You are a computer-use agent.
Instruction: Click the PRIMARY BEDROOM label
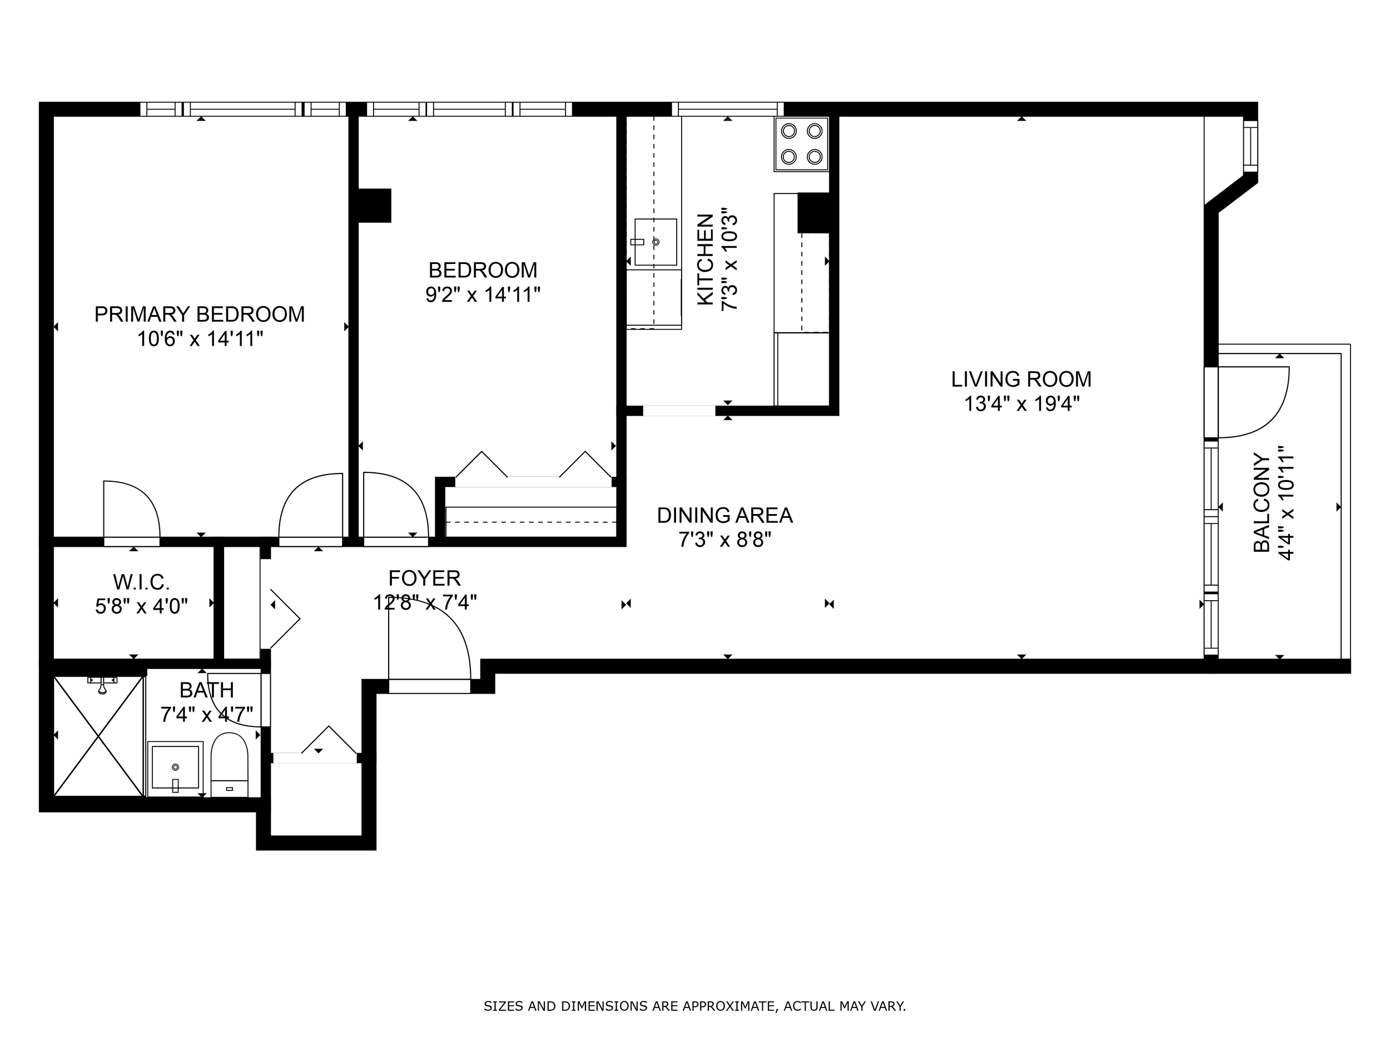point(199,314)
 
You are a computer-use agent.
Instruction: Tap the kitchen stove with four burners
point(801,144)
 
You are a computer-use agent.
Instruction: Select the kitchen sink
point(655,242)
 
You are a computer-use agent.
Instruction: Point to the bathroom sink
point(175,769)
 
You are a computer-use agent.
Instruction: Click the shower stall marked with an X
point(98,736)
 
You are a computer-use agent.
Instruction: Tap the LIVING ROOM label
point(1021,380)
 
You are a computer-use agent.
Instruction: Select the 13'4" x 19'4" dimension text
point(1022,404)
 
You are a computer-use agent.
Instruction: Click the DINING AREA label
point(724,515)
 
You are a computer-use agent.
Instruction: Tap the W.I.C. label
point(141,582)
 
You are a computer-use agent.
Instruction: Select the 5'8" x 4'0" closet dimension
point(141,607)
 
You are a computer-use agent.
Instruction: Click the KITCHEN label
point(706,260)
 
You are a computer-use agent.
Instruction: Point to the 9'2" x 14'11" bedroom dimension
point(483,295)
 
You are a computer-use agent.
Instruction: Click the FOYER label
point(424,578)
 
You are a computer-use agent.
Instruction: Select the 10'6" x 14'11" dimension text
point(200,339)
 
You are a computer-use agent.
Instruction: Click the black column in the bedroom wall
point(375,206)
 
